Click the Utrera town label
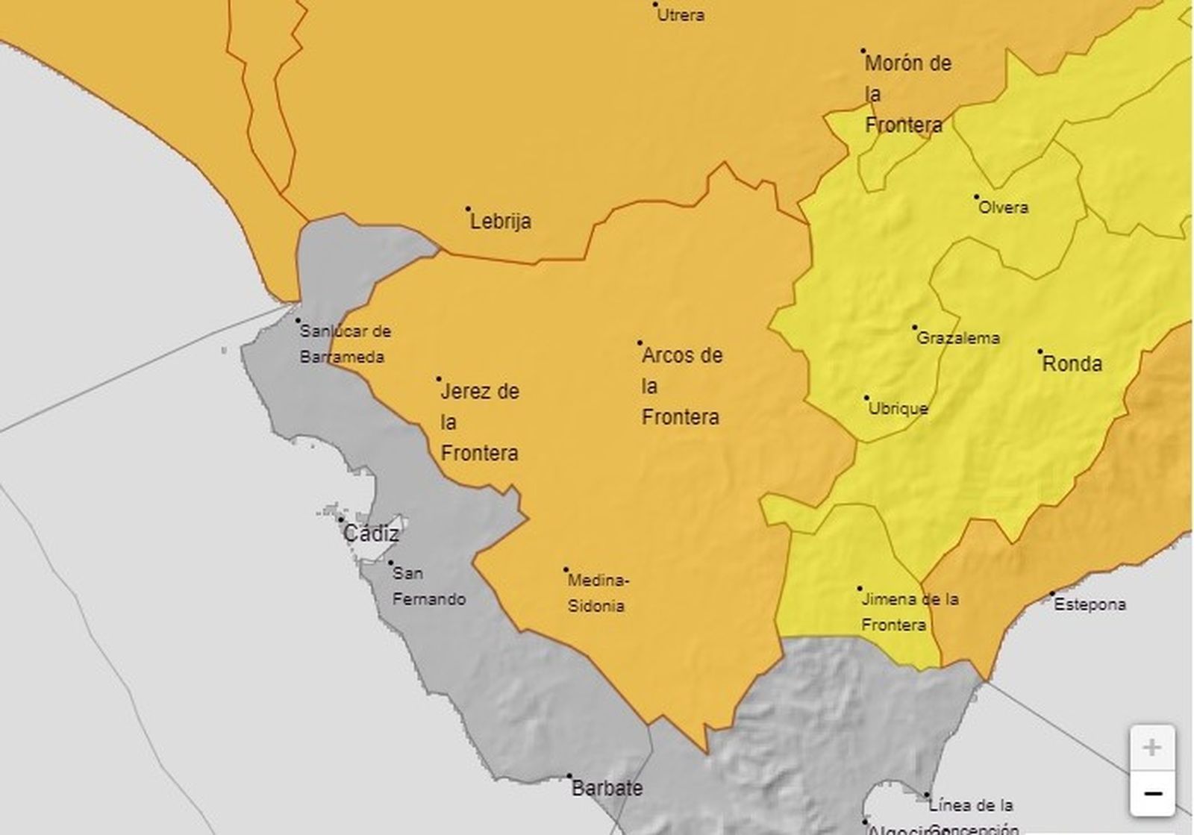681,15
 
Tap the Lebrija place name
501,222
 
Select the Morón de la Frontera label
907,94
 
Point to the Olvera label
1003,207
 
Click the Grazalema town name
958,338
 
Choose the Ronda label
1072,364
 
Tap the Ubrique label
898,409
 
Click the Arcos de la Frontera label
681,386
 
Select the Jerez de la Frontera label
480,422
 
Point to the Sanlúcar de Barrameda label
344,344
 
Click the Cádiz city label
371,534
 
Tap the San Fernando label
428,587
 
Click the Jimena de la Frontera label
909,611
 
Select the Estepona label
1090,604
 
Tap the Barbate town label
607,788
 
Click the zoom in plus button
1152,748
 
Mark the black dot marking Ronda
1040,351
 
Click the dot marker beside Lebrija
469,209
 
